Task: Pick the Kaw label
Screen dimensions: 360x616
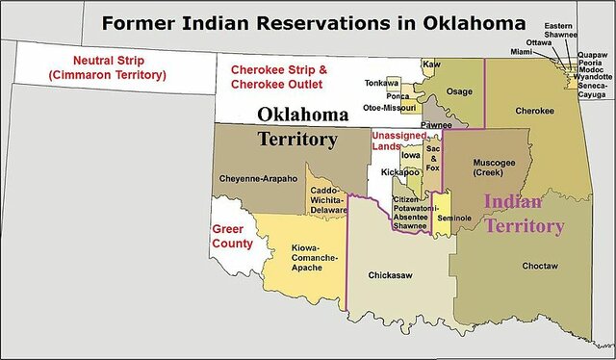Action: coord(431,64)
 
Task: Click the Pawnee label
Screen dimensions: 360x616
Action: coord(436,125)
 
